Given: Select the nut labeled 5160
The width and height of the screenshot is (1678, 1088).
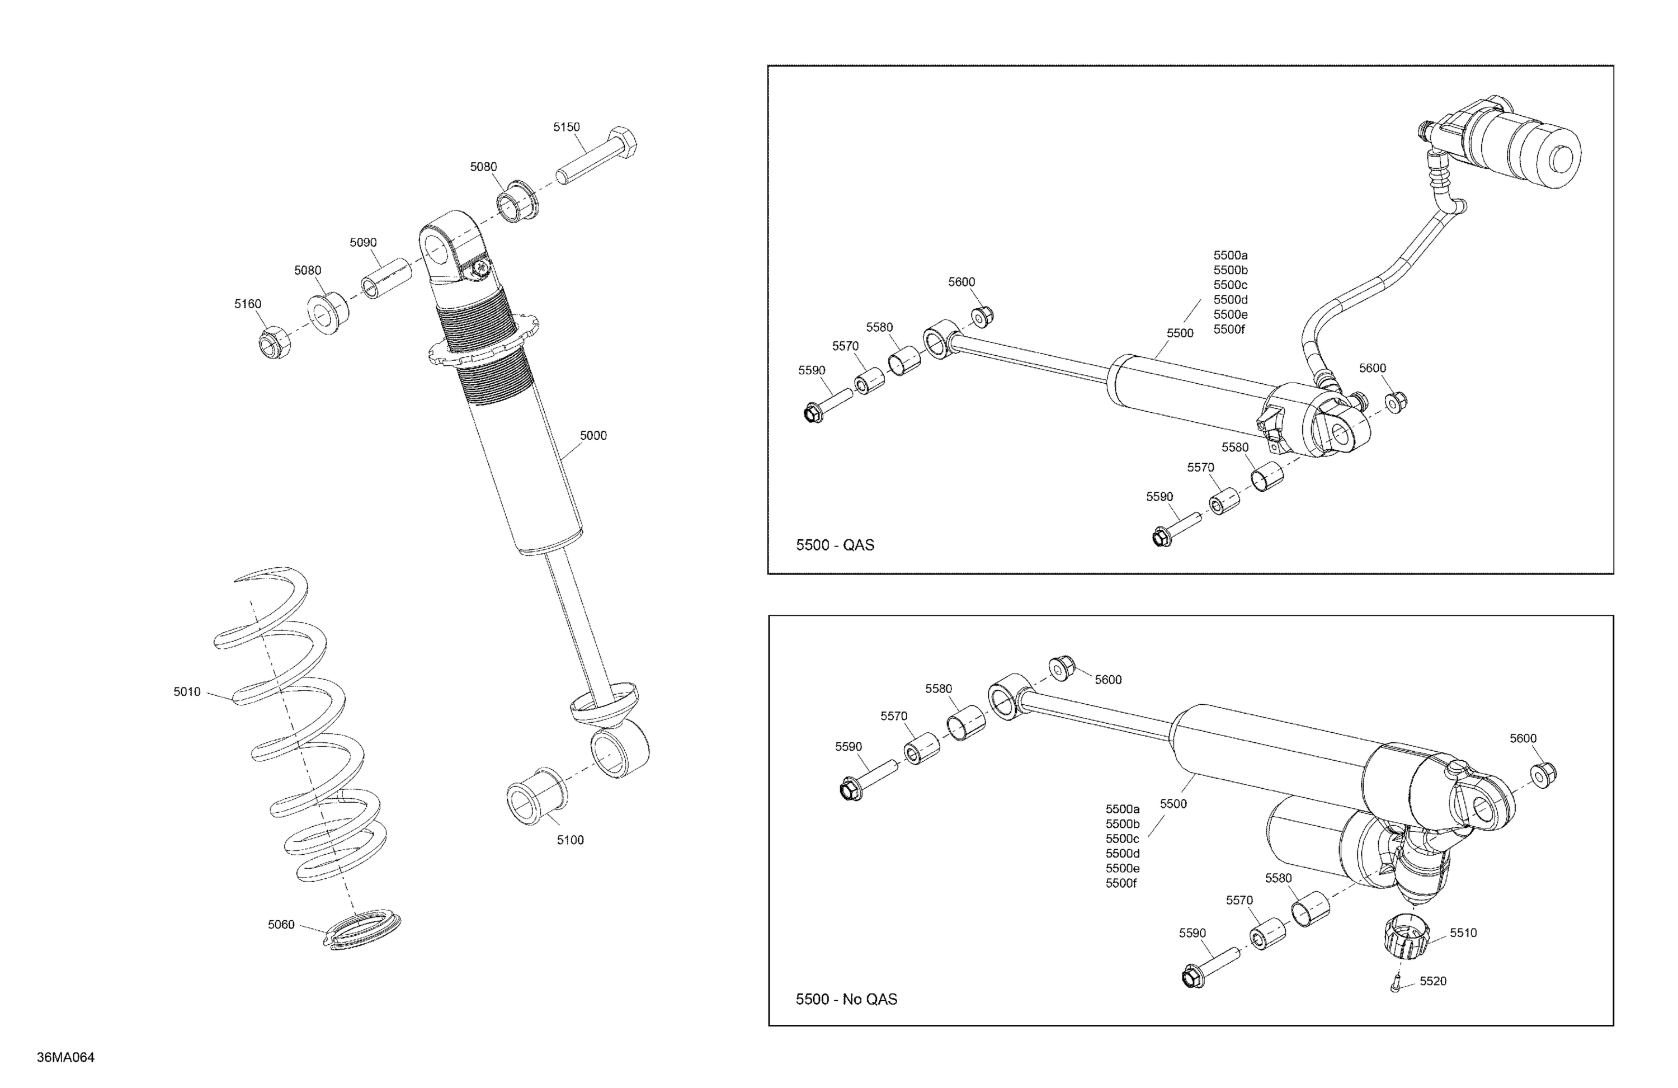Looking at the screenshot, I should [274, 343].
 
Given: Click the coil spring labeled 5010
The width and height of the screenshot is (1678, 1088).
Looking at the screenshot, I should [300, 726].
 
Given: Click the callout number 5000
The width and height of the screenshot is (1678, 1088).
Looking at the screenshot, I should [592, 436].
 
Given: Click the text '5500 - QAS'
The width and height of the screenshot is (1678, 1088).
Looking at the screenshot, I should [835, 545].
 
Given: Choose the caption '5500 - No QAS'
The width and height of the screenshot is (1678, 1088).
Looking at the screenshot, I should [846, 999].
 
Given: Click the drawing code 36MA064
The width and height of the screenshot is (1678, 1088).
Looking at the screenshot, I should [65, 1057].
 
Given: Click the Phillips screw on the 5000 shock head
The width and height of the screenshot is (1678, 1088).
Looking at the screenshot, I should [481, 268].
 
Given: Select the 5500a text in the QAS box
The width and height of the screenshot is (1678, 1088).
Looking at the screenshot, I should [1229, 255].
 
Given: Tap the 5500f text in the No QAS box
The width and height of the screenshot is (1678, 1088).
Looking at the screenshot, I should [1121, 883].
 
